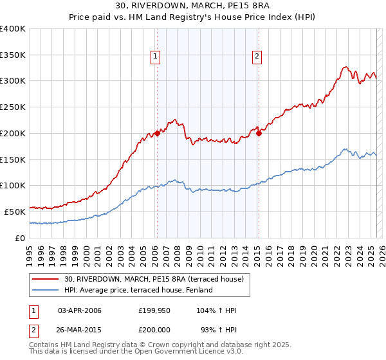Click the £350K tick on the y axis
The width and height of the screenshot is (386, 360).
(13, 55)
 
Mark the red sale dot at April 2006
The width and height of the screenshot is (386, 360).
(157, 133)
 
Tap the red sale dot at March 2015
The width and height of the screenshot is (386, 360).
(259, 133)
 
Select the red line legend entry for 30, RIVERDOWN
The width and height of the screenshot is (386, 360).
(154, 279)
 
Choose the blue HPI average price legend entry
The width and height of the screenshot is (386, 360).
(138, 290)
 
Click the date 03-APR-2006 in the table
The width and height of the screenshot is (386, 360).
(80, 310)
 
